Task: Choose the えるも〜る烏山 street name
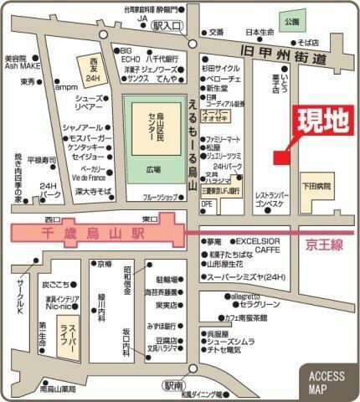point(191,147)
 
